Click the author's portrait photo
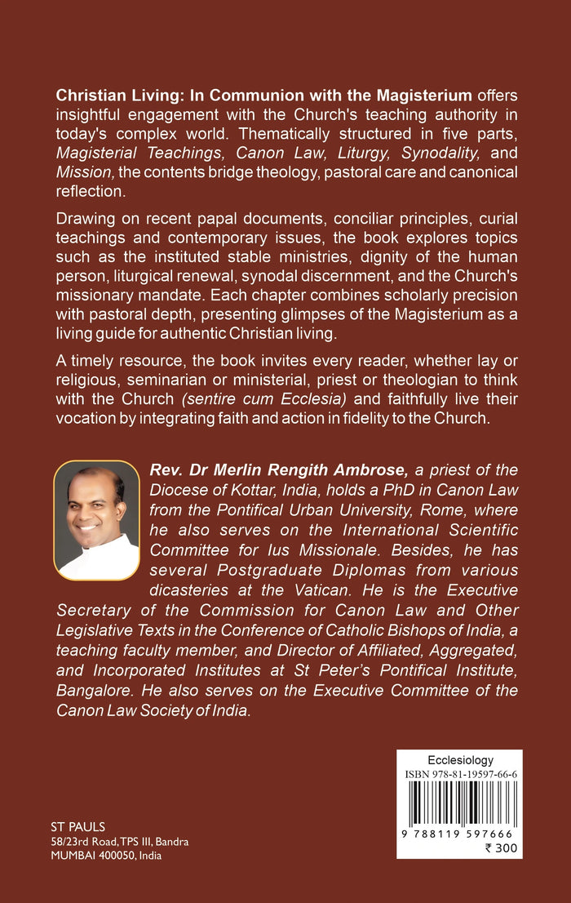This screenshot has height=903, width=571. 96,520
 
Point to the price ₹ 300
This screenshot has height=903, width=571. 500,847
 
